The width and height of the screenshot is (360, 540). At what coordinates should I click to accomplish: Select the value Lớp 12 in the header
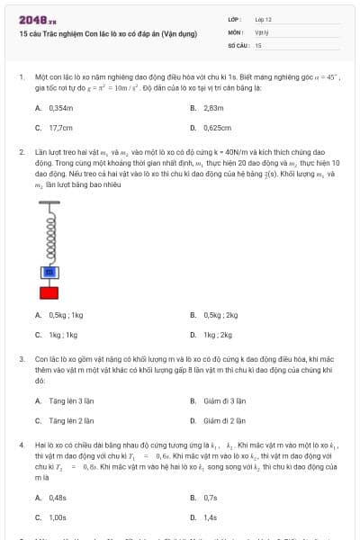[263, 19]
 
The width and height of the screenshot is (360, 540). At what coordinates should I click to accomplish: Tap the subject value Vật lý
[261, 31]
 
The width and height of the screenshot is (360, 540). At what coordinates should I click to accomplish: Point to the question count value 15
[258, 44]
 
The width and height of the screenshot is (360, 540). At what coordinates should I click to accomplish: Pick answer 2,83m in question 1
[212, 108]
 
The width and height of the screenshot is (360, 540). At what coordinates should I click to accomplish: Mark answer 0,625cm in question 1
[217, 128]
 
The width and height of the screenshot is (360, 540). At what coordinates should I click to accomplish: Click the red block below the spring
[49, 291]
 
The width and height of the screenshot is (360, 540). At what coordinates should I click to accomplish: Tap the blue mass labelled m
[49, 272]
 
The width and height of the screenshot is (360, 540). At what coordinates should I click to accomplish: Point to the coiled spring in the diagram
[49, 237]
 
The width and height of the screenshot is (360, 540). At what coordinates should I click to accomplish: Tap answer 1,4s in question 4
[211, 517]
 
